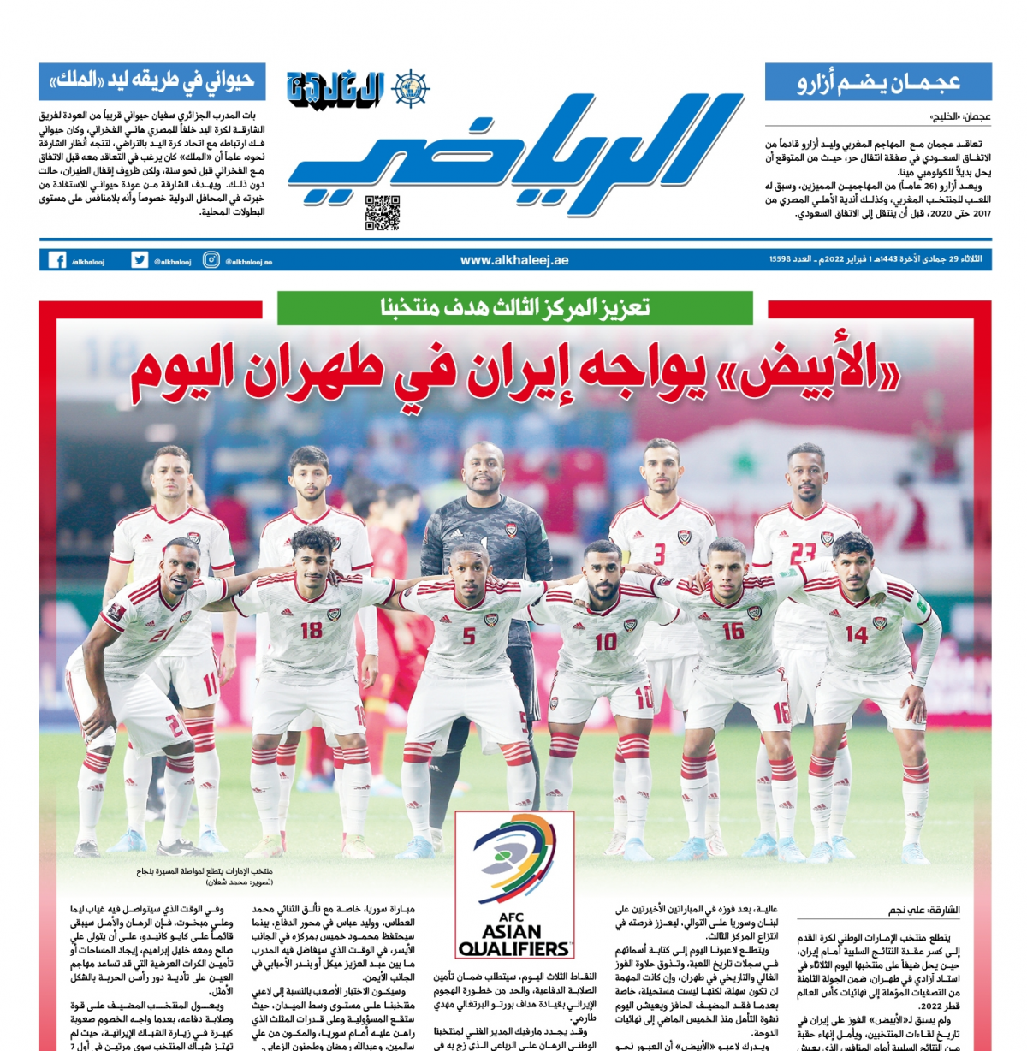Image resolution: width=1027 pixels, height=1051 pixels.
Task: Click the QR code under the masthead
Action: pyautogui.click(x=382, y=213)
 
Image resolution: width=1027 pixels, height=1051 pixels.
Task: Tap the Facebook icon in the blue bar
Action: pyautogui.click(x=56, y=260)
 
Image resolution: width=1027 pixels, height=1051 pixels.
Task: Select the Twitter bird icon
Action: pyautogui.click(x=140, y=260)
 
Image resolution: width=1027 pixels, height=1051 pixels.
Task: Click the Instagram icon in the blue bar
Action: pyautogui.click(x=211, y=260)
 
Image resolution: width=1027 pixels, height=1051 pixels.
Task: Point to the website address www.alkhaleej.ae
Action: pyautogui.click(x=513, y=260)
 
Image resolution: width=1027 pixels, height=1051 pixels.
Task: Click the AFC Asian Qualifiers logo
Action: pyautogui.click(x=513, y=884)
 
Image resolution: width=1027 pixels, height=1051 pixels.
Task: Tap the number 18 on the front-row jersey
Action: pyautogui.click(x=311, y=631)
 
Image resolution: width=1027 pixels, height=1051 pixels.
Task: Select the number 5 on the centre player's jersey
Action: pyautogui.click(x=469, y=636)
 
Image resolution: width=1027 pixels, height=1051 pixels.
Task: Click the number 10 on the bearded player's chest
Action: pyautogui.click(x=605, y=641)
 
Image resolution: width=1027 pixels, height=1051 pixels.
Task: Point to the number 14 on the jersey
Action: pyautogui.click(x=856, y=634)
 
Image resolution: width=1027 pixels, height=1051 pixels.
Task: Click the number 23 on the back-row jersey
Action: pyautogui.click(x=802, y=554)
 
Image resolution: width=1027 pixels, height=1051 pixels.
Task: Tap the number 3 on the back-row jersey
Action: pyautogui.click(x=659, y=554)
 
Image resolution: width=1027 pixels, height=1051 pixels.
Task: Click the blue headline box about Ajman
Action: pyautogui.click(x=878, y=82)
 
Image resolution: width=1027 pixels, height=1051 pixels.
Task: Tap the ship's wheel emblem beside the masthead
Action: pyautogui.click(x=411, y=89)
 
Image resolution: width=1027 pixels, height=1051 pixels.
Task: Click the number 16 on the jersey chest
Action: pyautogui.click(x=733, y=632)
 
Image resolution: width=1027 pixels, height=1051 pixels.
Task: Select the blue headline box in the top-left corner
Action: pyautogui.click(x=152, y=81)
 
